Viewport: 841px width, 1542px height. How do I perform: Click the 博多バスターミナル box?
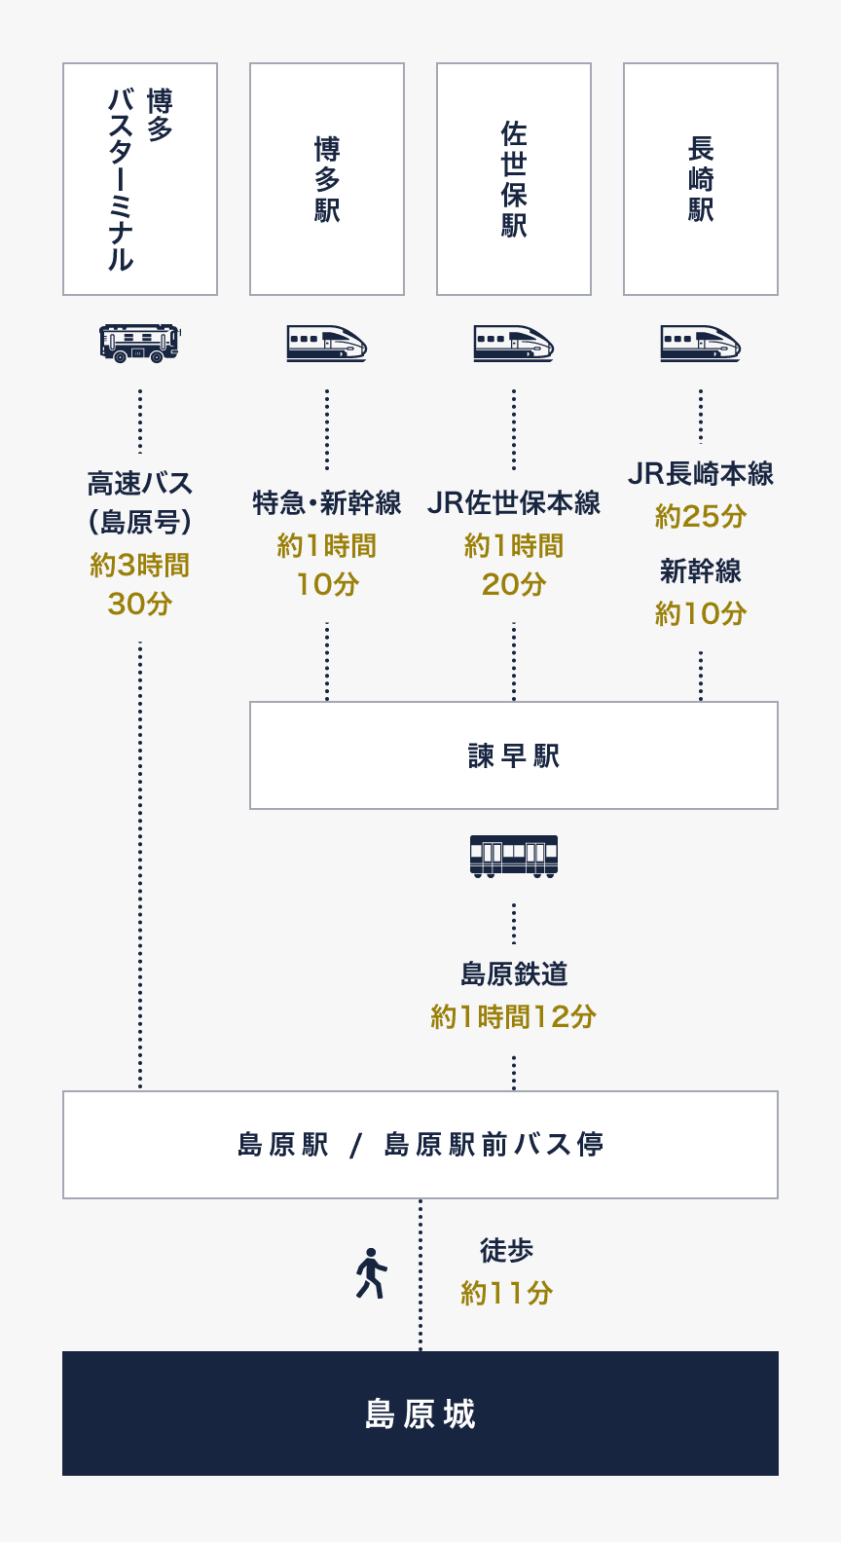click(140, 179)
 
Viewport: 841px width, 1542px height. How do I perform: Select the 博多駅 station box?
click(327, 179)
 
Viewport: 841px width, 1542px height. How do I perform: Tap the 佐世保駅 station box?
click(514, 179)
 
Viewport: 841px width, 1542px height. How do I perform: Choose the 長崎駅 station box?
click(701, 179)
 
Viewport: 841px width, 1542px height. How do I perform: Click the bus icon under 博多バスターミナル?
click(140, 343)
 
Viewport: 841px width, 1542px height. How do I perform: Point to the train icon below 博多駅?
click(327, 344)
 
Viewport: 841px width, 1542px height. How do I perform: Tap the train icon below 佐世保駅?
click(514, 344)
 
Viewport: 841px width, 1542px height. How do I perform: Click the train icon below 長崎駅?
click(701, 344)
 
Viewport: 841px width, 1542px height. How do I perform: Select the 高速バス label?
click(140, 484)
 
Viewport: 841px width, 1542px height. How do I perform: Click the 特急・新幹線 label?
click(327, 503)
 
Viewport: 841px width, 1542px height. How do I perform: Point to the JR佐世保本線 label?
click(514, 503)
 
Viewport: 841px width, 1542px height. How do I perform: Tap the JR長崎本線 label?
click(701, 474)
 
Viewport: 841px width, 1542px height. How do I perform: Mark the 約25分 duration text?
click(701, 517)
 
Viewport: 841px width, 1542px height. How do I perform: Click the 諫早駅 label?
click(514, 756)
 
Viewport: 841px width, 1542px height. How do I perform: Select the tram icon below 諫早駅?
click(514, 856)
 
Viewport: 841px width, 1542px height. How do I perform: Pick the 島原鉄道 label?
click(514, 973)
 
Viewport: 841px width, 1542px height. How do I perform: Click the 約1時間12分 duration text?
click(514, 1017)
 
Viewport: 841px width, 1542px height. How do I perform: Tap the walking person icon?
click(371, 1273)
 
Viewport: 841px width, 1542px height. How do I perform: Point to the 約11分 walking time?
click(507, 1294)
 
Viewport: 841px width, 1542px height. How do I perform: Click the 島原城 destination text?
click(420, 1413)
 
